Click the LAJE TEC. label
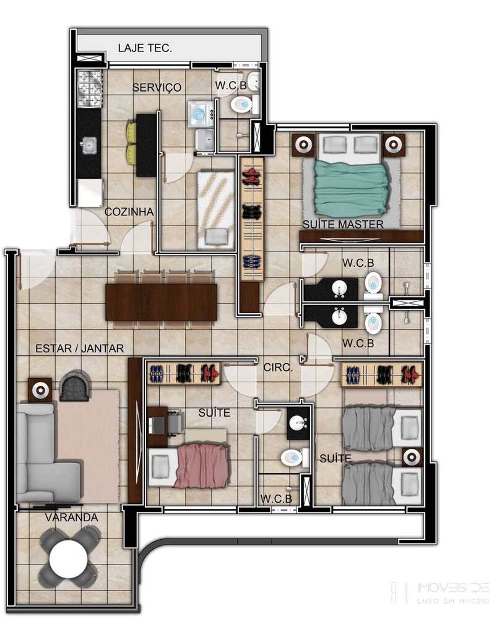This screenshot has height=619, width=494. [x=145, y=48]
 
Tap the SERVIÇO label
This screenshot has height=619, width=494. [x=157, y=87]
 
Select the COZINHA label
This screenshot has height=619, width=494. [x=129, y=212]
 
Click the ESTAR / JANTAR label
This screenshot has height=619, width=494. [x=80, y=348]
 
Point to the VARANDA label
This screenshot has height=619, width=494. [x=71, y=517]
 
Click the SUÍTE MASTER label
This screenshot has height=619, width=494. [x=343, y=224]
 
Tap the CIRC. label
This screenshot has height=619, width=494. [x=278, y=368]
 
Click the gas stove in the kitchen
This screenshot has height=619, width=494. [x=90, y=89]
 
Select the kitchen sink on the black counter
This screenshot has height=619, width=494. [x=89, y=145]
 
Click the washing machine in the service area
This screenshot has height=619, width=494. [x=201, y=114]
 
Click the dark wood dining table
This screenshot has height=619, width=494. [x=161, y=302]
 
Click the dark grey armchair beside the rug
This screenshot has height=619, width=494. [x=75, y=385]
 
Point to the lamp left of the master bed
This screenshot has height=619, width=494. [x=303, y=145]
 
